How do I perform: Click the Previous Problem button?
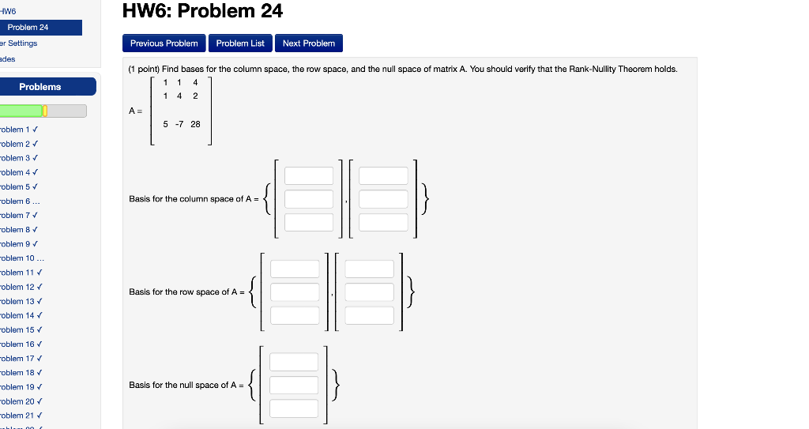164,43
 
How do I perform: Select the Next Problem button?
308,43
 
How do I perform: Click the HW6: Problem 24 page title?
203,12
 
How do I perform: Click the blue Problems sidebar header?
40,87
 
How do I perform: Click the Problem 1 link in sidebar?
16,130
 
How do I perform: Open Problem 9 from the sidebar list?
16,244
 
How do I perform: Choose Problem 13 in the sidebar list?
17,302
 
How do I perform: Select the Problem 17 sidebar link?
17,359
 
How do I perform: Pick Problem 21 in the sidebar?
17,416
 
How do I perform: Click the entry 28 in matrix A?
195,125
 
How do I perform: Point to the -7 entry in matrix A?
179,125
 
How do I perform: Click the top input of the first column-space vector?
309,176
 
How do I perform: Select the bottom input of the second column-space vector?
383,223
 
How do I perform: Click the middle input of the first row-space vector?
295,292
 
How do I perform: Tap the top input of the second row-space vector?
369,269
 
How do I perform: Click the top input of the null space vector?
294,362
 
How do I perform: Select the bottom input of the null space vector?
294,408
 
